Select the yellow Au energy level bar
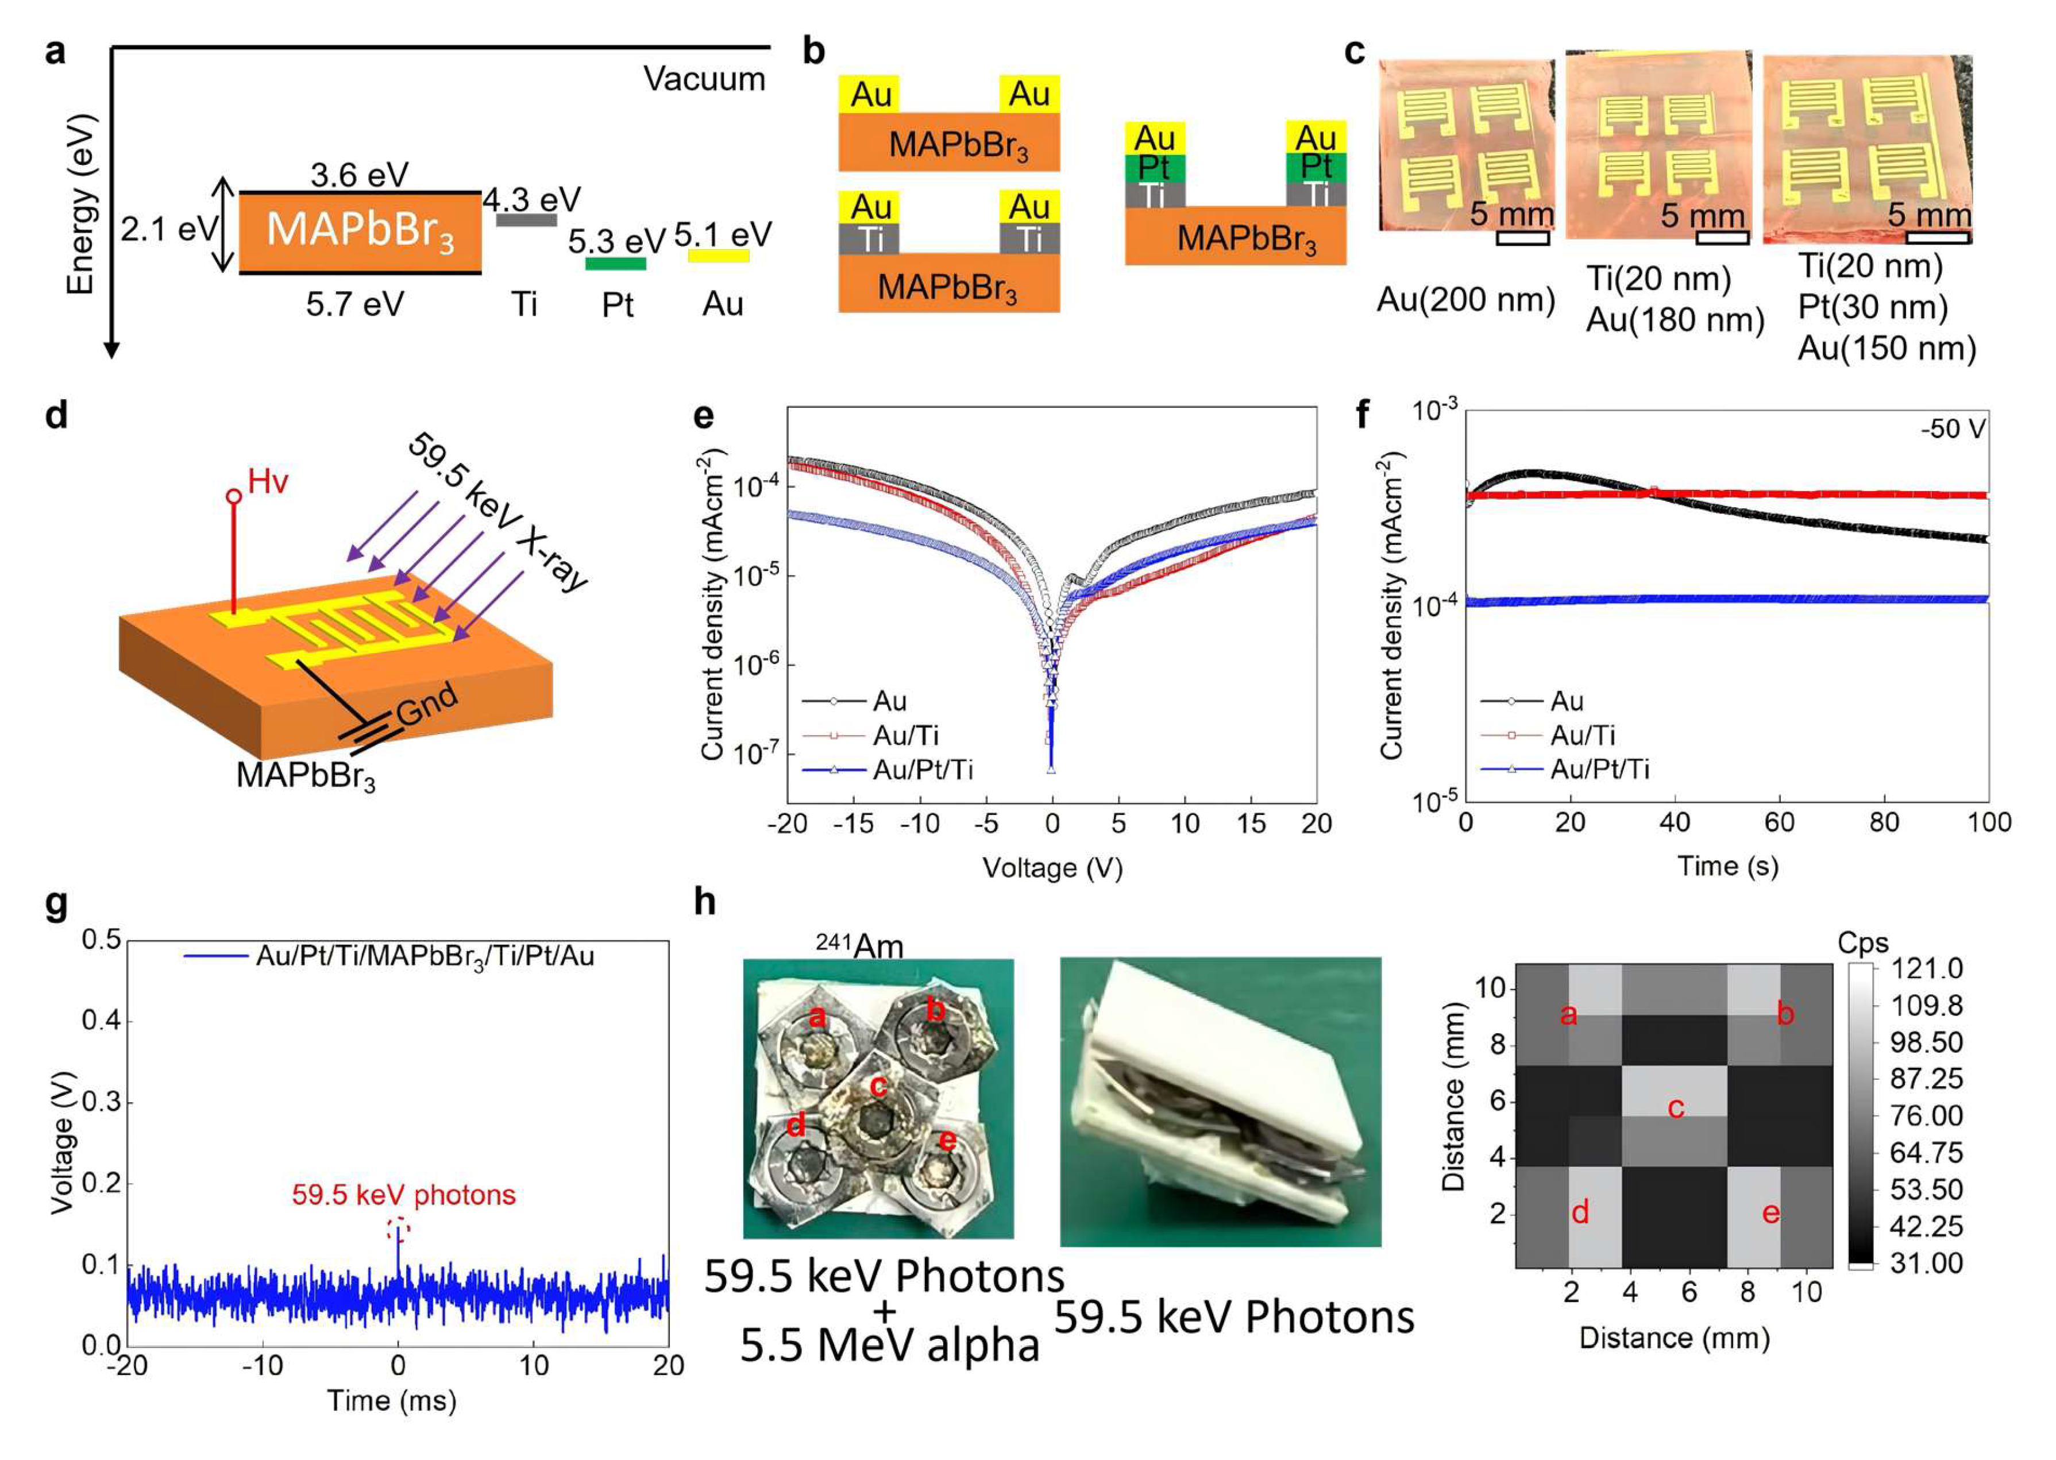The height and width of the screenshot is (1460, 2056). coord(718,256)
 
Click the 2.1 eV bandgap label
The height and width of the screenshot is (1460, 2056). coord(169,230)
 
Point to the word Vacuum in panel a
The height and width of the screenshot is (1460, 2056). coord(704,80)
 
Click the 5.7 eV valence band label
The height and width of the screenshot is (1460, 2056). coord(354,305)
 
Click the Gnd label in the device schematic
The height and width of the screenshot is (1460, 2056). coord(427,704)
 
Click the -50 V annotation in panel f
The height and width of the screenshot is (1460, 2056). coord(1953,429)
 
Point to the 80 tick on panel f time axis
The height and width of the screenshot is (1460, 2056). coord(1884,822)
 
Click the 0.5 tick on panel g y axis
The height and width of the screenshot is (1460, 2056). coord(101,940)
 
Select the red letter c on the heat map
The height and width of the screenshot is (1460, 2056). coord(1676,1107)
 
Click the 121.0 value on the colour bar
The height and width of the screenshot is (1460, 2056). coord(1927,969)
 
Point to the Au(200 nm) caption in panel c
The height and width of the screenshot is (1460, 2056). coord(1465,299)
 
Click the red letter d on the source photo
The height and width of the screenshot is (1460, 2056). coord(796,1125)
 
